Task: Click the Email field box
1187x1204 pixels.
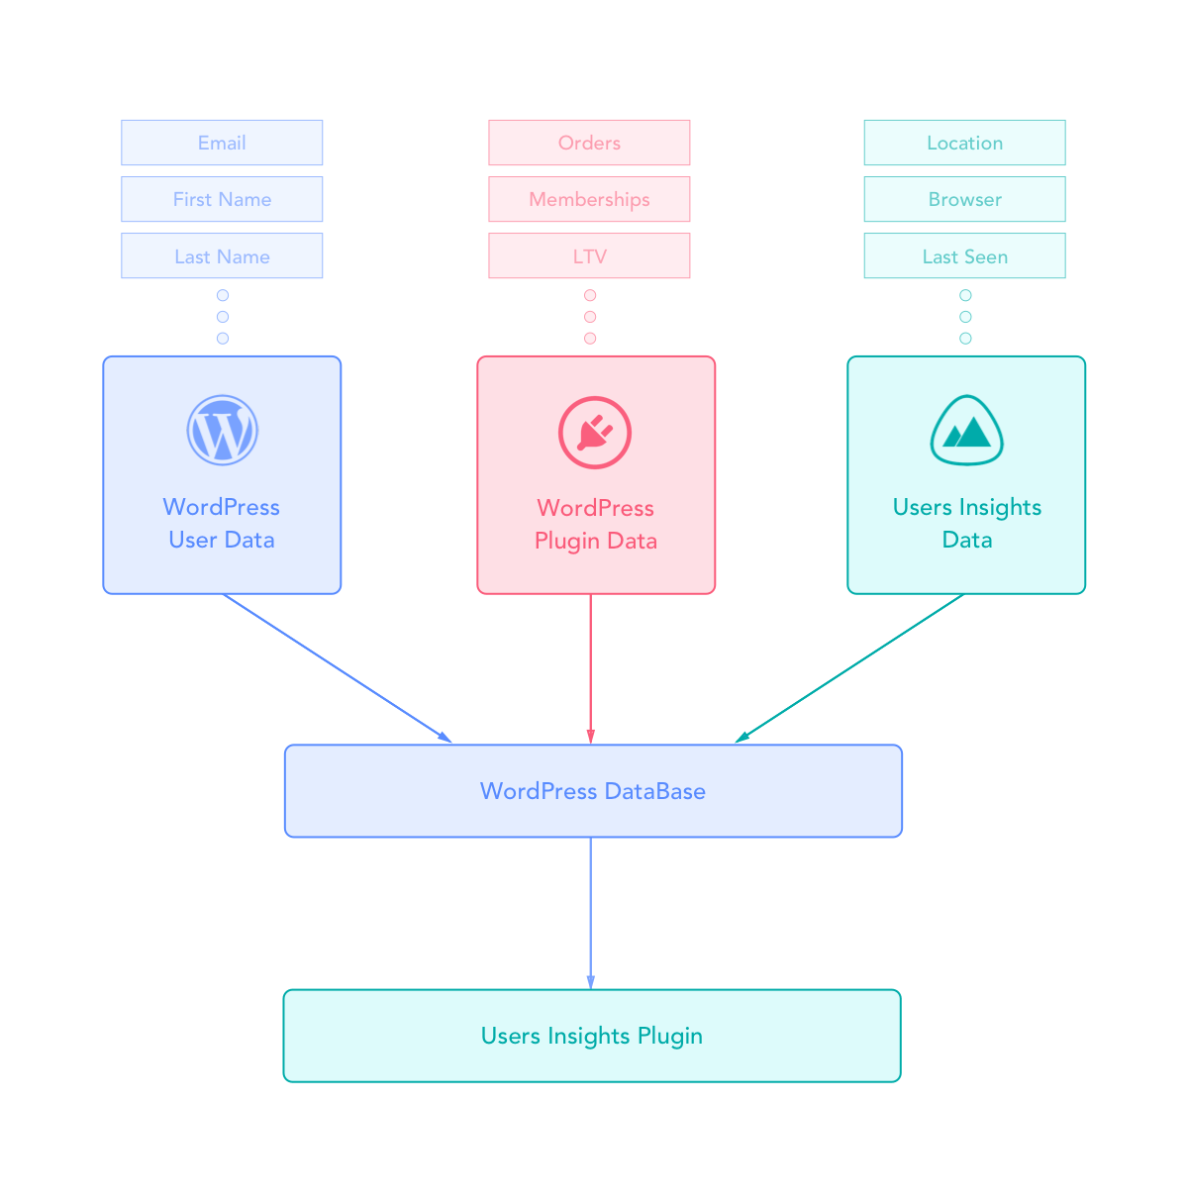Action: (222, 143)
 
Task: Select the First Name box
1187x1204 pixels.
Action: (222, 199)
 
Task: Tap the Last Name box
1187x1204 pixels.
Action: (222, 255)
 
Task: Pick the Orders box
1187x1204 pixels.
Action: (589, 143)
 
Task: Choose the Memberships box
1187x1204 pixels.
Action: (589, 199)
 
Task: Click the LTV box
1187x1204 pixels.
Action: (589, 255)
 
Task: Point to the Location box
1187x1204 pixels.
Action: (964, 143)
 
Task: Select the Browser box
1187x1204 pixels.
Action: (964, 199)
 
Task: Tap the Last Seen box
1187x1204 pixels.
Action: (964, 255)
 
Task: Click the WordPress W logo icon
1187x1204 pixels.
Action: (223, 430)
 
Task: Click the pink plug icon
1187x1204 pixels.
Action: (594, 433)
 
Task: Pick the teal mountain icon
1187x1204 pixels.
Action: (966, 431)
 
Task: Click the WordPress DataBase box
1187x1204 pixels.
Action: (593, 791)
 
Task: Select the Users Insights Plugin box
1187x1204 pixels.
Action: (592, 1036)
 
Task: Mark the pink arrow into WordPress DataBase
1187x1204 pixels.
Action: (591, 669)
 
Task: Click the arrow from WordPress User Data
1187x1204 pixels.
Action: (337, 667)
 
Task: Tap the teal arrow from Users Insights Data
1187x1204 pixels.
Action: (849, 668)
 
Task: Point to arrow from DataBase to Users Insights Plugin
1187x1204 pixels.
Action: (591, 913)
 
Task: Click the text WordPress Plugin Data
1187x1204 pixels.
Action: (596, 524)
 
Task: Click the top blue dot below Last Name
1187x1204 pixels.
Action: (223, 295)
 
